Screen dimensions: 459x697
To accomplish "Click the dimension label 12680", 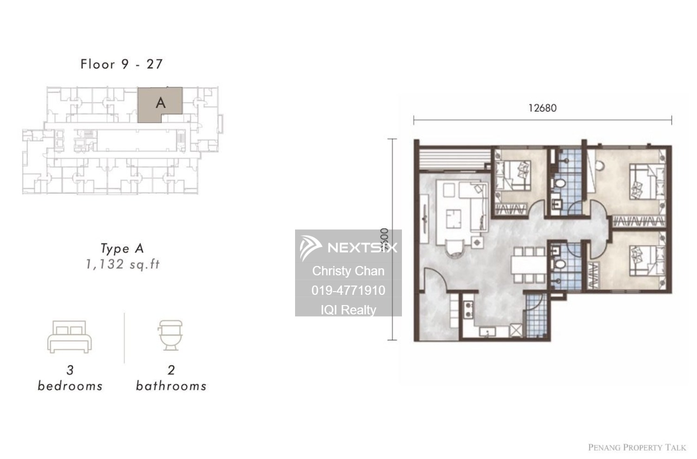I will tap(542, 108).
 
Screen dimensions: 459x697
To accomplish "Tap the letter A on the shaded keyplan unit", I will tap(161, 103).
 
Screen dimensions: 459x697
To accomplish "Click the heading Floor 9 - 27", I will tap(122, 64).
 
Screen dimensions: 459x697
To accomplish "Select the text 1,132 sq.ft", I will tap(123, 265).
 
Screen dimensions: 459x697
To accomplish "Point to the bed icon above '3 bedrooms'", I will tap(70, 336).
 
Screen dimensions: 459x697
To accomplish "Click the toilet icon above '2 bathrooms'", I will tap(171, 334).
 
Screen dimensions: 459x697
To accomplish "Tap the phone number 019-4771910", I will tap(348, 290).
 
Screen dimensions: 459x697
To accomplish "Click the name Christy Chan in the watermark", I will tap(348, 271).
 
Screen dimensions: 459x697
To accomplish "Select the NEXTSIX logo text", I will tap(362, 247).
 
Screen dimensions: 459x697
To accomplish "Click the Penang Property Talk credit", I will tap(637, 447).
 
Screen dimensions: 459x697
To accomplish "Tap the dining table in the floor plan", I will tap(528, 266).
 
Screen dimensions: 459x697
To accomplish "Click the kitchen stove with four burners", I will tap(468, 310).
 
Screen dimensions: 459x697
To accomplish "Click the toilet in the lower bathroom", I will tap(560, 264).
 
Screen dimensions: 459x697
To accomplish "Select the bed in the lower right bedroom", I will tap(645, 261).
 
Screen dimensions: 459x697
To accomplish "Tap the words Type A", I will tap(123, 249).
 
